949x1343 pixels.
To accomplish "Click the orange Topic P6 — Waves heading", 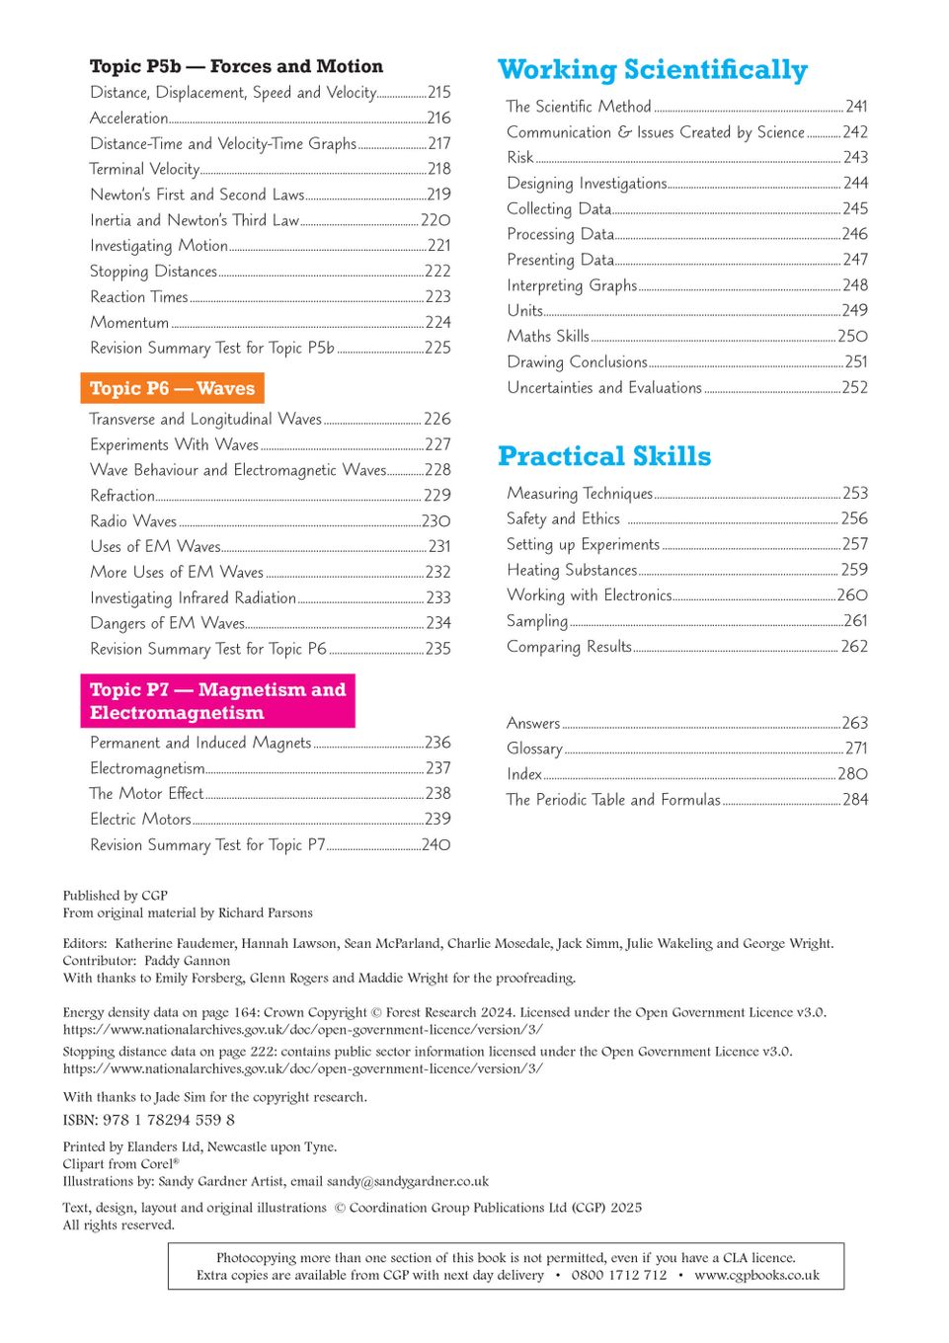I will [172, 388].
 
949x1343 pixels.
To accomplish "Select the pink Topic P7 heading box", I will [217, 701].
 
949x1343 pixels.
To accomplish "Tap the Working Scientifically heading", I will [652, 69].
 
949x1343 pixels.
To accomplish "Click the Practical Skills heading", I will [603, 456].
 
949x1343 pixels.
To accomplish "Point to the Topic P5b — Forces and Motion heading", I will [236, 66].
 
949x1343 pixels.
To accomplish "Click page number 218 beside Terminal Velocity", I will [438, 169].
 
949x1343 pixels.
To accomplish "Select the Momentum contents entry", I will [129, 323].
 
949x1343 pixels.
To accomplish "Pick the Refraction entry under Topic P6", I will [122, 496].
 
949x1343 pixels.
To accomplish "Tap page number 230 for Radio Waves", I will [435, 521].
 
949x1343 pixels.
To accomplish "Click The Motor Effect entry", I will [146, 794].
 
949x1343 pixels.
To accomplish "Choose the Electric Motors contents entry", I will [140, 820].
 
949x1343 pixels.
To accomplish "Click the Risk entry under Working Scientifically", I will [519, 157].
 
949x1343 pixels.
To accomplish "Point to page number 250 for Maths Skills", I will [852, 337].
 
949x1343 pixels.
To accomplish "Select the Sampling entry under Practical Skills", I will [537, 621].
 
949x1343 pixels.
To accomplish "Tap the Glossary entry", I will [534, 749].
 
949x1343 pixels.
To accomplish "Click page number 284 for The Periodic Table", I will [855, 800].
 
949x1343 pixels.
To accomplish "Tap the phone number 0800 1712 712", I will [619, 1275].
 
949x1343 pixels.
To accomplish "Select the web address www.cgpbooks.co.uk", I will [756, 1275].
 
